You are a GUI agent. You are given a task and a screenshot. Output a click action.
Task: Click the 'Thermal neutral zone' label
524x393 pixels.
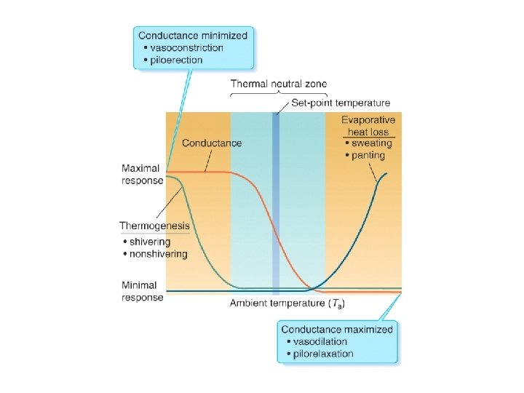(279, 84)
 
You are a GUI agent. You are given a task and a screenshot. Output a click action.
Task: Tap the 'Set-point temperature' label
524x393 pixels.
(341, 103)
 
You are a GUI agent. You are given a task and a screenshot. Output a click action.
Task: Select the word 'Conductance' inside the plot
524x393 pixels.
(212, 143)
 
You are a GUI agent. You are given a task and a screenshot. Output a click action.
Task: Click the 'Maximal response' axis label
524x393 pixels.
(142, 175)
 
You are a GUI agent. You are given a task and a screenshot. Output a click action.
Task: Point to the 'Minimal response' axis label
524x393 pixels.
(142, 291)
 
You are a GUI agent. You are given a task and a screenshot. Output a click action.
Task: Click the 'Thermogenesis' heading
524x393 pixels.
(154, 226)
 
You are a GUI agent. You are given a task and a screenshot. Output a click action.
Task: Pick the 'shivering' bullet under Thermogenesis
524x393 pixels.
(149, 242)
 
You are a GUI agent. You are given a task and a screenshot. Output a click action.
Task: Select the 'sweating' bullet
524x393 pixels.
(371, 143)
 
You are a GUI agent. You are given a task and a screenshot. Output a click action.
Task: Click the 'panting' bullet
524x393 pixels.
(368, 156)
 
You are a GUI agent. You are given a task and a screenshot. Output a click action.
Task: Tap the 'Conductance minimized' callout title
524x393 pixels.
(193, 35)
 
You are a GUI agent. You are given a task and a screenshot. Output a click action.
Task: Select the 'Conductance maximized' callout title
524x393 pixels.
(337, 330)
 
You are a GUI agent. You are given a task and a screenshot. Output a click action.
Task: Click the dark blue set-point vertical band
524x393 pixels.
(276, 204)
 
